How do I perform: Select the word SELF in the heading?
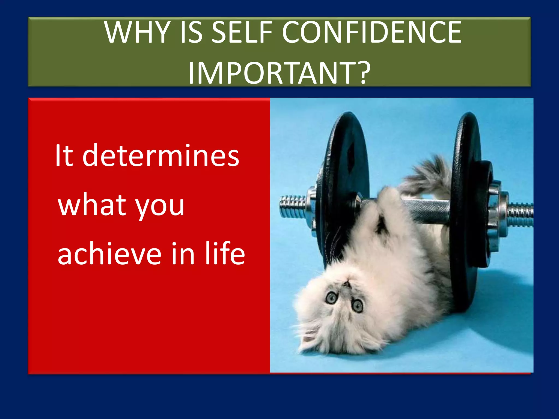tap(242, 33)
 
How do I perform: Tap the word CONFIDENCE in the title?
tap(372, 33)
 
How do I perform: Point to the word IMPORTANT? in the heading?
tap(279, 73)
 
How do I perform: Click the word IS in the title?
tap(191, 33)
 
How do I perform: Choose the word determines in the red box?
tap(161, 156)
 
